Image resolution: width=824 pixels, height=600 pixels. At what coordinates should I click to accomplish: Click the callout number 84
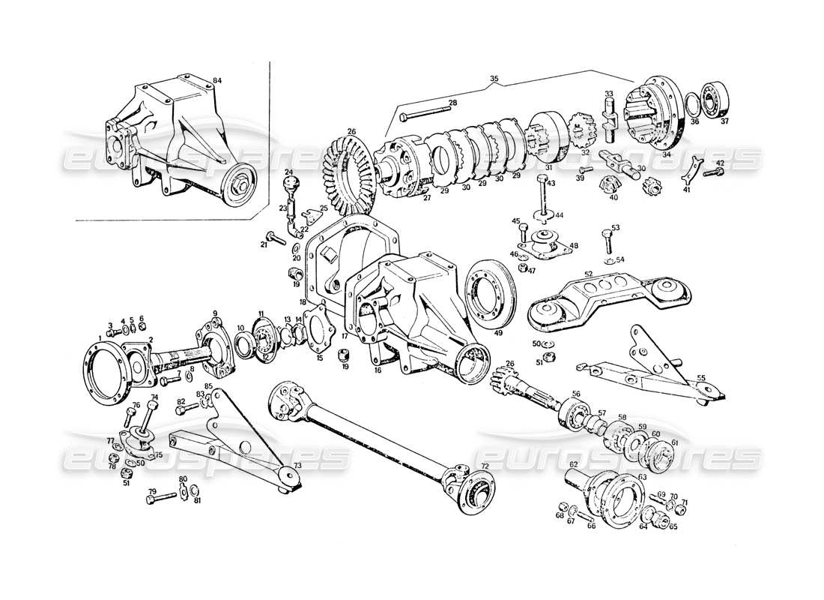tap(217, 80)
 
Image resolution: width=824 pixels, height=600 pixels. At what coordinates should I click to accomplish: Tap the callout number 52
tap(589, 274)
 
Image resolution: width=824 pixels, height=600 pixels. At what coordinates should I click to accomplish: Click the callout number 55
tap(701, 377)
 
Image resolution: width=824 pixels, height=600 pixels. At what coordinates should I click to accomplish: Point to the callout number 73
tap(297, 466)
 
